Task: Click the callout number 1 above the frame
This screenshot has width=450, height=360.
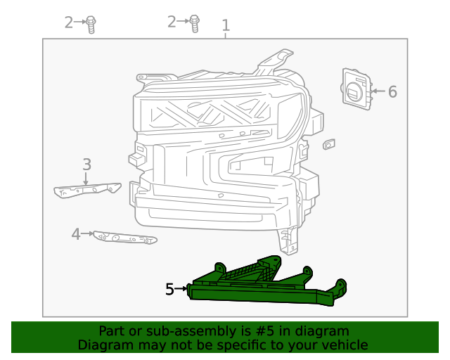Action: [226, 26]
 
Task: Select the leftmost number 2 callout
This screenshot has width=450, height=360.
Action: [68, 22]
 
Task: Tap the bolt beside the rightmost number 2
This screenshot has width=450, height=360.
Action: [195, 23]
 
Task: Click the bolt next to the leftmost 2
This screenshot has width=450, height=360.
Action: [91, 24]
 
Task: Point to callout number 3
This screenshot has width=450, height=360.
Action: [86, 165]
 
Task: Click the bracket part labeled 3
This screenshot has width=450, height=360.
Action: [87, 190]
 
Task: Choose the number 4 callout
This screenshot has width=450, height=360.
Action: [76, 234]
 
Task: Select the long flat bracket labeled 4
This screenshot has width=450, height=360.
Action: [125, 238]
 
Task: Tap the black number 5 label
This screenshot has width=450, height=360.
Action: [169, 289]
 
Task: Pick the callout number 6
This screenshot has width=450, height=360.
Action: [392, 91]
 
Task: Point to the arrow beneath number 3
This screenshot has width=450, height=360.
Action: [86, 179]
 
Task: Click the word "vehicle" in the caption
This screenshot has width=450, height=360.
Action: [344, 345]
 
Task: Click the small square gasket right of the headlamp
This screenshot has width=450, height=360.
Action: [329, 144]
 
